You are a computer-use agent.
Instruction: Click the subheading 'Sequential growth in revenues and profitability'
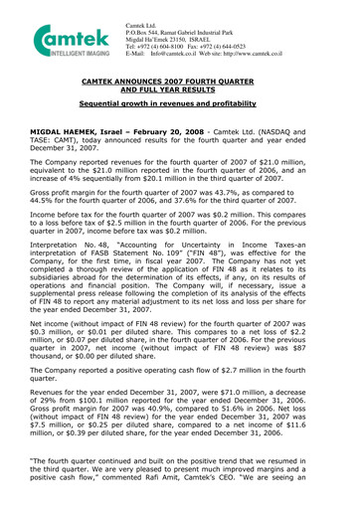[179, 118]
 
